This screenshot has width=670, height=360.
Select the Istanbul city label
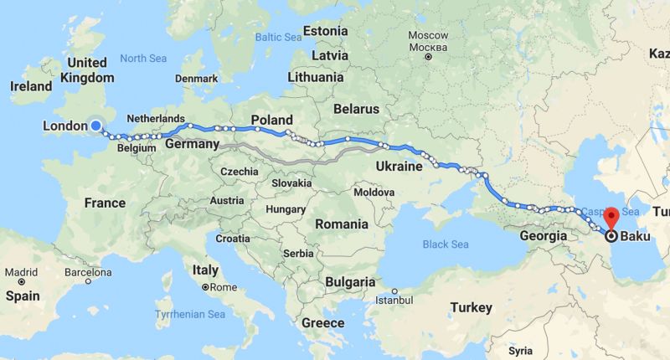tap(394, 299)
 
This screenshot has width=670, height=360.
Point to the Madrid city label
tap(20, 272)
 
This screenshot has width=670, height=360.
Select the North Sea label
tap(144, 59)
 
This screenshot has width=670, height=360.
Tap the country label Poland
tap(271, 120)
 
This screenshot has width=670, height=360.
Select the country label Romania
tap(341, 224)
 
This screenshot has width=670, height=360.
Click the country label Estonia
tap(325, 31)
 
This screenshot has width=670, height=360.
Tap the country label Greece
tap(322, 322)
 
